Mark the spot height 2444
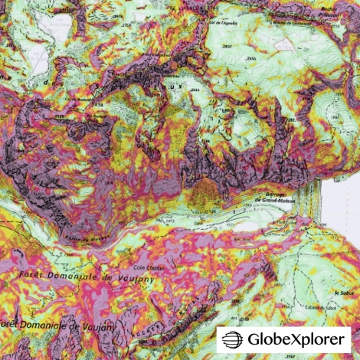pos(197,91)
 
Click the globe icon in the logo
pos(233,338)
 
